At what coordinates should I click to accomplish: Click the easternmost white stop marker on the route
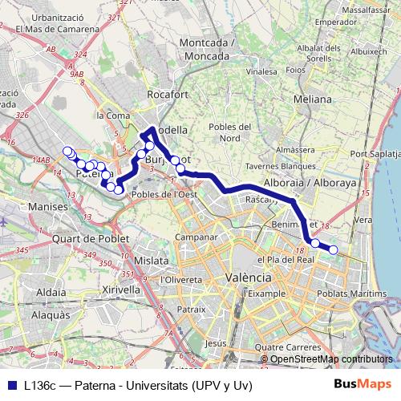[x=333, y=251]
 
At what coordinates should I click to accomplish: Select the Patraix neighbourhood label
[x=192, y=308]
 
